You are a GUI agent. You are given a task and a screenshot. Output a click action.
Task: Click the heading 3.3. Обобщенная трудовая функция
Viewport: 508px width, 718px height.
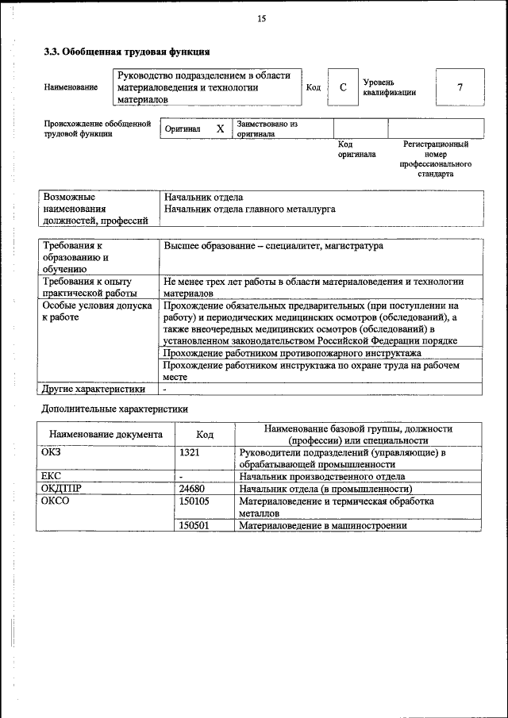[126, 52]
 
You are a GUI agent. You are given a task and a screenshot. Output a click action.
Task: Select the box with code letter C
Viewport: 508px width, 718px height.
[343, 88]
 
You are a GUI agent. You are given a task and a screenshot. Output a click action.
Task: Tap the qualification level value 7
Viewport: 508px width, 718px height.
[460, 88]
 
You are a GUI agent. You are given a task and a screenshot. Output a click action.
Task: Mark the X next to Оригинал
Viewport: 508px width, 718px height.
[221, 129]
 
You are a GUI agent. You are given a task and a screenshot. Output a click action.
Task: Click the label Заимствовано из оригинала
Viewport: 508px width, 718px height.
[267, 129]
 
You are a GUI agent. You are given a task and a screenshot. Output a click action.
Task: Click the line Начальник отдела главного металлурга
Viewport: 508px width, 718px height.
[249, 209]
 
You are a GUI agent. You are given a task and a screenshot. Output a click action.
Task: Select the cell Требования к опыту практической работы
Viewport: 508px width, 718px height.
[87, 287]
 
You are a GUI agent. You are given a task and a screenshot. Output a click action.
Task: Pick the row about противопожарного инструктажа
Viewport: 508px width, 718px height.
[292, 353]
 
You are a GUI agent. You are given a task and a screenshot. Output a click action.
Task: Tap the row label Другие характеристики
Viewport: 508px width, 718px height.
[94, 390]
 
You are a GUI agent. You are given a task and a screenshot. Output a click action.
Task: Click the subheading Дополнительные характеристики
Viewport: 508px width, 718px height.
[114, 410]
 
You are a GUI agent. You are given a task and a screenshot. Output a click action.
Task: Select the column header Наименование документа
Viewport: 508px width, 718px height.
[106, 435]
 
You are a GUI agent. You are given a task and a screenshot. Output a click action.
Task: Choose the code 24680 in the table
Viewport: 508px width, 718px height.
[193, 489]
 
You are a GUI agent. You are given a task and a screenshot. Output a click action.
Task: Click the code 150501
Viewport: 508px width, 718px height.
[194, 525]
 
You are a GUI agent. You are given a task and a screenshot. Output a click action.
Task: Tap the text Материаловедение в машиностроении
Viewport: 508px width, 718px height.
[323, 525]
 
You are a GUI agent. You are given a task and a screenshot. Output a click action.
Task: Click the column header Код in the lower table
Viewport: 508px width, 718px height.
[205, 435]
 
